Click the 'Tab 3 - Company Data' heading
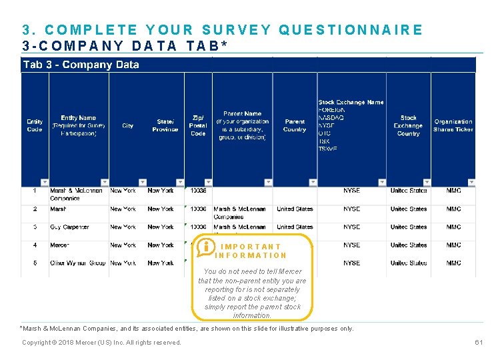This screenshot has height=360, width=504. point(81,65)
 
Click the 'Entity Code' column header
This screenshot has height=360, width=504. point(35,125)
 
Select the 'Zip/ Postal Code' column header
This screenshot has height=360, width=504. point(198,125)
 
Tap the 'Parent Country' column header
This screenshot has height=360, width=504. point(295,125)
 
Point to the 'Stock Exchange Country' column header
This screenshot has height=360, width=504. point(408,125)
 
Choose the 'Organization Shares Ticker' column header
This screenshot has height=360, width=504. point(453,125)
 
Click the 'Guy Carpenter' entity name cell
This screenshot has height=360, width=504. point(69,227)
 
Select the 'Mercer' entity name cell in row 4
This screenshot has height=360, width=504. point(59,245)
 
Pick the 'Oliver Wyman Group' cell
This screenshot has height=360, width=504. point(77,263)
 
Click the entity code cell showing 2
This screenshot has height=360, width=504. point(35,209)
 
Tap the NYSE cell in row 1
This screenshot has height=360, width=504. point(351,191)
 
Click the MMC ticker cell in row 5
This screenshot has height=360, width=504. point(453,263)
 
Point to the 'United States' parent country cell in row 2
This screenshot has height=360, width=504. point(295,209)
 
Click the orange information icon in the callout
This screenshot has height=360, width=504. point(205,247)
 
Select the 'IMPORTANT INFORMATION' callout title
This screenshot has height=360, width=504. point(251,251)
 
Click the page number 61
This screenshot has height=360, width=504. point(478,343)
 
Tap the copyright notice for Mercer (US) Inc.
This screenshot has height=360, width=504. point(101,343)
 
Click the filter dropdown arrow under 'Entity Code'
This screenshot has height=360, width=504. point(45,182)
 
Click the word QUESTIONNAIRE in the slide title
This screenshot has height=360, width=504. point(351,30)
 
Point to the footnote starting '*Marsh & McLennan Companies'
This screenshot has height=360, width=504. point(187,329)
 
